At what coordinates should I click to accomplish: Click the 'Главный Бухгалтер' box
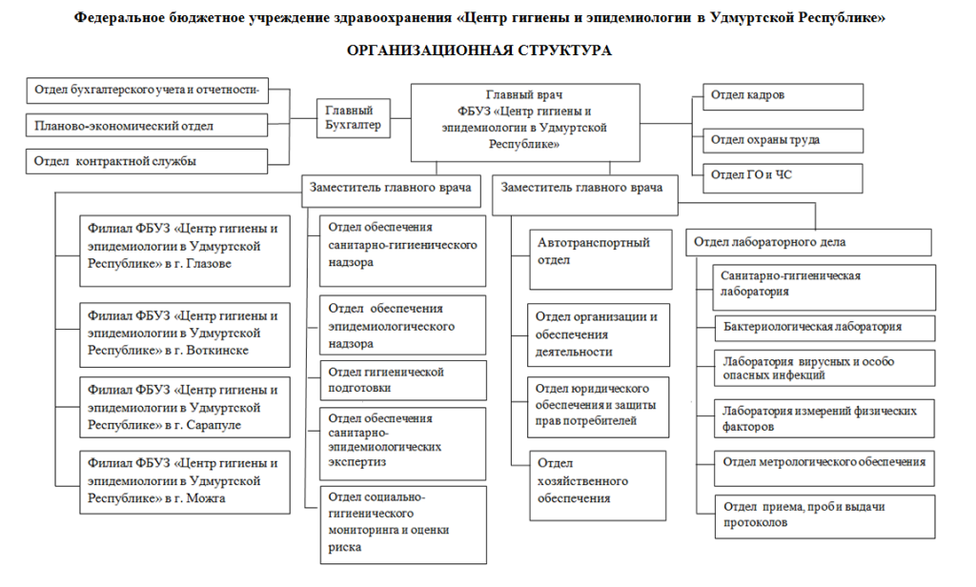pyautogui.click(x=354, y=118)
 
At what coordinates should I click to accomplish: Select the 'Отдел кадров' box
pyautogui.click(x=783, y=96)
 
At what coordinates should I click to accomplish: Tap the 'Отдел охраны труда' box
pyautogui.click(x=783, y=141)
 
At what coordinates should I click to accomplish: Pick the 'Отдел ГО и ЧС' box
pyautogui.click(x=783, y=178)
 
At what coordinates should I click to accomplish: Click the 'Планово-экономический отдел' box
pyautogui.click(x=147, y=125)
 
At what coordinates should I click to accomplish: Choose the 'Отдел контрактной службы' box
pyautogui.click(x=147, y=161)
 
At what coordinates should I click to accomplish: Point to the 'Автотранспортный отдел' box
pyautogui.click(x=600, y=259)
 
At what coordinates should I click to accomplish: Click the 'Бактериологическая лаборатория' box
pyautogui.click(x=824, y=328)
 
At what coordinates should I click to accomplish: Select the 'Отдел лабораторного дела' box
pyautogui.click(x=808, y=242)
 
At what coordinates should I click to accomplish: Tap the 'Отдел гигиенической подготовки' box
pyautogui.click(x=403, y=380)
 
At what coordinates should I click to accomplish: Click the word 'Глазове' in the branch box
pyautogui.click(x=209, y=264)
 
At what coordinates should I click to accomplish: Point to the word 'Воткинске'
pyautogui.click(x=217, y=351)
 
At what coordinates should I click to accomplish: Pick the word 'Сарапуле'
pyautogui.click(x=213, y=425)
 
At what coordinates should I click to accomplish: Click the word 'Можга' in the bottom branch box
pyautogui.click(x=206, y=498)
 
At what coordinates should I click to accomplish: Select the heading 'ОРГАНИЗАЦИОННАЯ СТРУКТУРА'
pyautogui.click(x=479, y=51)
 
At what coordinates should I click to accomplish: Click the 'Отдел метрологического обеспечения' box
pyautogui.click(x=824, y=469)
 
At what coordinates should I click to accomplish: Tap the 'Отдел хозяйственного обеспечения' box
pyautogui.click(x=598, y=486)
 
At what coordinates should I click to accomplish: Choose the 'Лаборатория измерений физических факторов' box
pyautogui.click(x=824, y=418)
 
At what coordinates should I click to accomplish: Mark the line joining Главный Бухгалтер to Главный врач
pyautogui.click(x=401, y=118)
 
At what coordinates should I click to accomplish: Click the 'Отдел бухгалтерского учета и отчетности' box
pyautogui.click(x=147, y=91)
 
